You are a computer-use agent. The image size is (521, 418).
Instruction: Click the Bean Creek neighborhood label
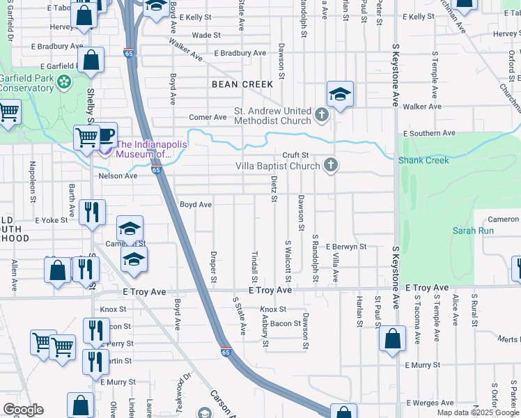point(242,84)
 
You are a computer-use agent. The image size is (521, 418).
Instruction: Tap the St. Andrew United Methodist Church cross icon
point(322,114)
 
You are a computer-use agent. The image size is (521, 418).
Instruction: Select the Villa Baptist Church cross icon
point(331,165)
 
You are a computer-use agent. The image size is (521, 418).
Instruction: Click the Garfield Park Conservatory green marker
point(65,82)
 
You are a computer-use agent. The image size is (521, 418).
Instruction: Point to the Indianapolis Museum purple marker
point(106,148)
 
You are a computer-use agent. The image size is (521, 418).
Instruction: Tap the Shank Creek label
point(423,160)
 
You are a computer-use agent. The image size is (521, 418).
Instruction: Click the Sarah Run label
point(473,231)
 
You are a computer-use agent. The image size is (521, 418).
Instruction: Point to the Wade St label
point(205,35)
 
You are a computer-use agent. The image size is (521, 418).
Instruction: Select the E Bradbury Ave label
point(240,53)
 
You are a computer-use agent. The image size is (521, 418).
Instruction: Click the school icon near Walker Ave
point(340,94)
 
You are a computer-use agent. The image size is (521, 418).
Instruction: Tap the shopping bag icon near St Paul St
point(393,339)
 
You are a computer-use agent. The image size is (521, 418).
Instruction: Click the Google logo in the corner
point(23,410)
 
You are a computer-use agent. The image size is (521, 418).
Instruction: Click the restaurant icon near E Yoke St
point(92,212)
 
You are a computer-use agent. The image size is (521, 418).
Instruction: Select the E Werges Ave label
point(429,403)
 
